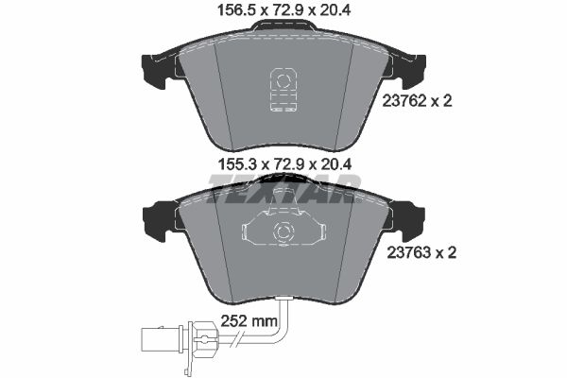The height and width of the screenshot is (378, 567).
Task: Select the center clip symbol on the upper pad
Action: (x=283, y=90)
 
